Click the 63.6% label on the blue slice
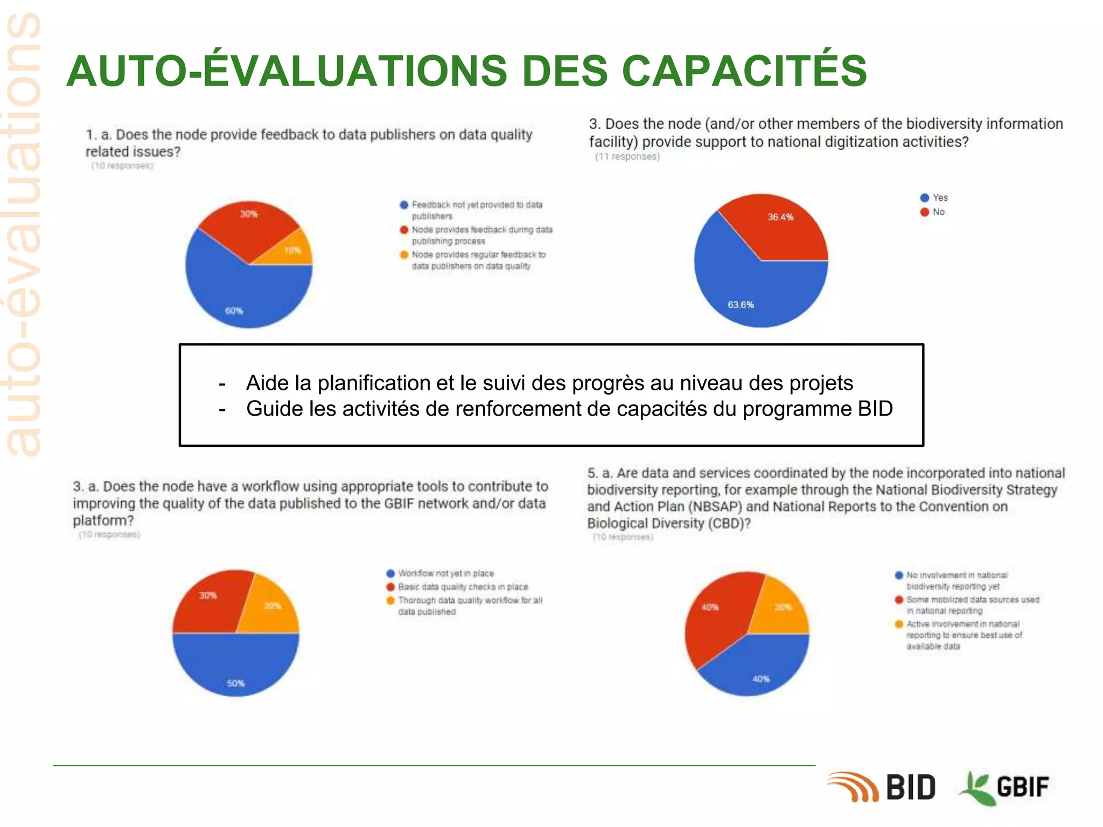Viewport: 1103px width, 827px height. point(741,305)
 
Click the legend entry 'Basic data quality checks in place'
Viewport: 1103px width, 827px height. point(463,587)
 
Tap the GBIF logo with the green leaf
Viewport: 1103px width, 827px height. point(1005,787)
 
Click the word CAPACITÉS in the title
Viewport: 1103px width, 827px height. point(744,71)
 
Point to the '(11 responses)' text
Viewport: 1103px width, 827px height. point(627,157)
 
